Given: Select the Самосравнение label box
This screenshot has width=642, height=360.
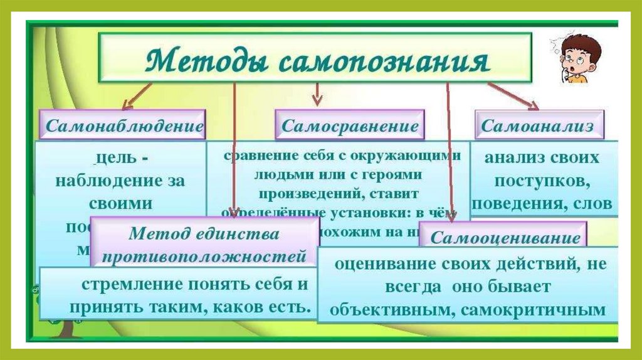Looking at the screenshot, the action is [x=350, y=125].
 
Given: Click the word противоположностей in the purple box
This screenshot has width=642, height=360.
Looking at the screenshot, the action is [x=204, y=257].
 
